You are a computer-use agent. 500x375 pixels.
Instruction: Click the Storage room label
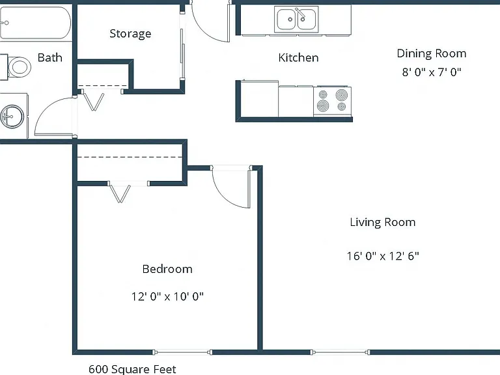pos(130,34)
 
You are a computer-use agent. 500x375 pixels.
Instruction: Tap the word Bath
pos(49,57)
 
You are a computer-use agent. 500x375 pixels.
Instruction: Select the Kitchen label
pos(298,58)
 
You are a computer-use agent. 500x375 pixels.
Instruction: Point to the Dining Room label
pos(432,53)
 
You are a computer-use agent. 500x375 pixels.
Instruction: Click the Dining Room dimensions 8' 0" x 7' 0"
pos(432,72)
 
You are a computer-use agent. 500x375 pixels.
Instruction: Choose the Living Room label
pos(383,222)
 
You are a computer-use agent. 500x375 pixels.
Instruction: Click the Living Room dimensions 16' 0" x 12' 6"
pos(383,256)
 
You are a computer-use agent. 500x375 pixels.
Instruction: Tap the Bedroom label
pos(167,269)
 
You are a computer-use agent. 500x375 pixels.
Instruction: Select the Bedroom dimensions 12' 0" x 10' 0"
pos(167,297)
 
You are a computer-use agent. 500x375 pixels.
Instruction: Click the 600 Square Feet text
pos(132,369)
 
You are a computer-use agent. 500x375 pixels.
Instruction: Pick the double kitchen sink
pos(296,20)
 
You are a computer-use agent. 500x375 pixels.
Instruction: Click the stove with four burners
pos(332,102)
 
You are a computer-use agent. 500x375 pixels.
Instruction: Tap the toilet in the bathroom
pos(16,67)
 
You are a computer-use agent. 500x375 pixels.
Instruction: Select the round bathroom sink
pos(12,117)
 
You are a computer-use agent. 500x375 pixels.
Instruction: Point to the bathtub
pos(35,23)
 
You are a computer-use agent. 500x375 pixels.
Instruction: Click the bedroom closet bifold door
pos(119,193)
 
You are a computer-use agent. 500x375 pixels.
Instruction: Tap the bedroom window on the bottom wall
pos(182,352)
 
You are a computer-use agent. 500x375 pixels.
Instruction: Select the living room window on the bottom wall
pos(340,352)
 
